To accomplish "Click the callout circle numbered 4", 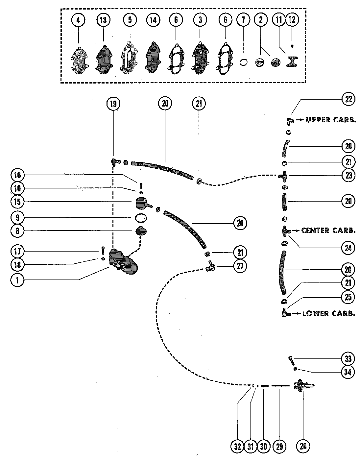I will pyautogui.click(x=78, y=20).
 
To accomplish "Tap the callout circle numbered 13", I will pyautogui.click(x=103, y=20).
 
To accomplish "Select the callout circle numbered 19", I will pyautogui.click(x=113, y=104).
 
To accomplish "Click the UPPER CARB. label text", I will pyautogui.click(x=331, y=120).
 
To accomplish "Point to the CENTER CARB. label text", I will pyautogui.click(x=328, y=231).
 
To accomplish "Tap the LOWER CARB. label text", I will pyautogui.click(x=329, y=313).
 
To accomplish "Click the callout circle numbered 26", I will pyautogui.click(x=240, y=223).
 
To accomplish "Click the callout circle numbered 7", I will pyautogui.click(x=243, y=20).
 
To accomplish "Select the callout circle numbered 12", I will pyautogui.click(x=292, y=20).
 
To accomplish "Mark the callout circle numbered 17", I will pyautogui.click(x=17, y=252).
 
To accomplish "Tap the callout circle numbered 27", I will pyautogui.click(x=240, y=266).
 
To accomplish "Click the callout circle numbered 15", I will pyautogui.click(x=17, y=202).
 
